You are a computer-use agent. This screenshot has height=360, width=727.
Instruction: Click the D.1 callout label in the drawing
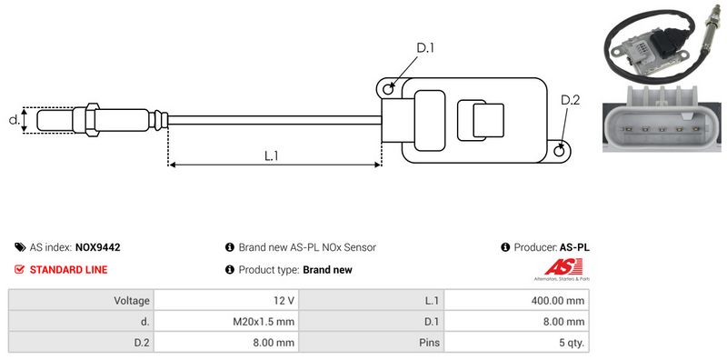(424, 48)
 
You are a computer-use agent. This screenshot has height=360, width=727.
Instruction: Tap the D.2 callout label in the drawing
(570, 100)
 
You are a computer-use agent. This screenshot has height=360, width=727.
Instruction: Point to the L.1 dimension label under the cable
(271, 155)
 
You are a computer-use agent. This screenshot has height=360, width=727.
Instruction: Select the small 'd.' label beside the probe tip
(15, 120)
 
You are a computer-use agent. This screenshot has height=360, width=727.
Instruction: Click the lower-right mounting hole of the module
(560, 150)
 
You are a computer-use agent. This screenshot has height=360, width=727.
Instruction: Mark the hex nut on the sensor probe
(92, 120)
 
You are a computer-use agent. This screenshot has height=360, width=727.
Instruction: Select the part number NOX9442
(98, 247)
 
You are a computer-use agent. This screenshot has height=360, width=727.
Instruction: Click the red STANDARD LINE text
(69, 269)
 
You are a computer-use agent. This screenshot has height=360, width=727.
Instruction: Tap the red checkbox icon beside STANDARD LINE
(19, 269)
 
